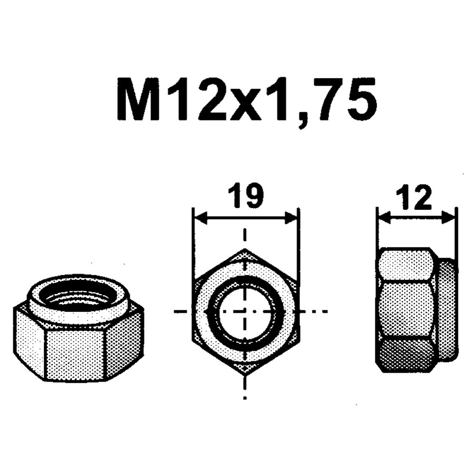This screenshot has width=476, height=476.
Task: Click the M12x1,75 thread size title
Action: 247,99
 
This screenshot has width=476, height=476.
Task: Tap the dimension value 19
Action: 246,196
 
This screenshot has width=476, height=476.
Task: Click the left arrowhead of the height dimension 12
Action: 385,218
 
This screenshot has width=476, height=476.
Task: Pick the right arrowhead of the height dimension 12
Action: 448,218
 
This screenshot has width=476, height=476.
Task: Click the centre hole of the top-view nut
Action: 245,311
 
